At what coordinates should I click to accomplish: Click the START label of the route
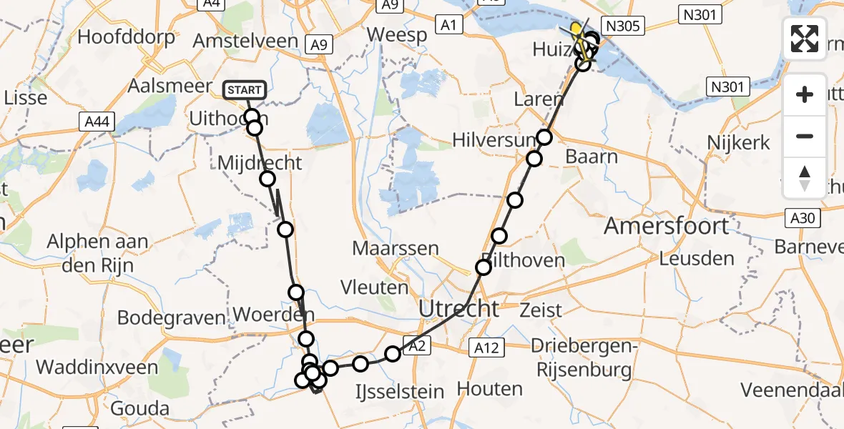click(245, 90)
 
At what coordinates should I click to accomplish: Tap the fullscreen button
click(805, 39)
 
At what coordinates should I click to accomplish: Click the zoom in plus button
click(805, 94)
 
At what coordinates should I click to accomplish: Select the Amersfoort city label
click(667, 227)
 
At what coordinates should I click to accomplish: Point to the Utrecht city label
click(458, 309)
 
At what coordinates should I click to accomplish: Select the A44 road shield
click(95, 122)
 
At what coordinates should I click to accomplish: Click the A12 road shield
click(487, 347)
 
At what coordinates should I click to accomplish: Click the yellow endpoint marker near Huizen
click(576, 28)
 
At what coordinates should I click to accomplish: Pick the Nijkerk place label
click(738, 142)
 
